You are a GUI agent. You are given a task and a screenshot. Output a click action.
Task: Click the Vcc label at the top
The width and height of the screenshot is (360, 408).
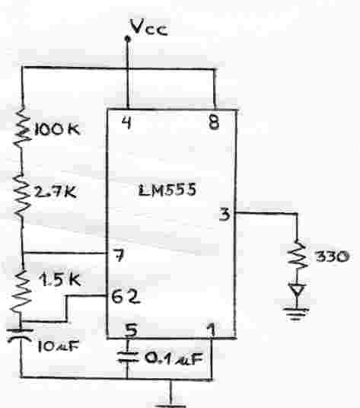pos(149,27)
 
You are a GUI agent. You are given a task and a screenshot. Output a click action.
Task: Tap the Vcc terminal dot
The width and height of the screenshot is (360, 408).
pos(127,40)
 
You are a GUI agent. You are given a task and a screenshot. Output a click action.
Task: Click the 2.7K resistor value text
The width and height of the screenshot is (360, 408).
pos(56,192)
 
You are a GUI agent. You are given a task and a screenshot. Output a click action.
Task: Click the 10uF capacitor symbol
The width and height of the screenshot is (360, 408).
pos(21,335)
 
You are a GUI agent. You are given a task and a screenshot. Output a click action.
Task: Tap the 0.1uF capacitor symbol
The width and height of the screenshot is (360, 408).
pos(127,357)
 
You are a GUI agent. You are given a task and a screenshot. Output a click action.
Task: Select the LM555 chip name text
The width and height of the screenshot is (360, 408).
pos(167,190)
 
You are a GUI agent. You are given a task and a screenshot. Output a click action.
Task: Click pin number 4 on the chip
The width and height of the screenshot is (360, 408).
pos(127,123)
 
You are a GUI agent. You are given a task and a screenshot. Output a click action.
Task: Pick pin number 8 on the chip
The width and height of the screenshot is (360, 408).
pos(214,123)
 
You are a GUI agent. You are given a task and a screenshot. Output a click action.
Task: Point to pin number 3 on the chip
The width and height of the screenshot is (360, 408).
pos(225,215)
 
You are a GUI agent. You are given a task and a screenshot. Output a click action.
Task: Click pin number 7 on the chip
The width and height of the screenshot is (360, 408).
pos(119,255)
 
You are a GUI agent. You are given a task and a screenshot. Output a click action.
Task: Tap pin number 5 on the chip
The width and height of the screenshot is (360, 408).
pos(132,330)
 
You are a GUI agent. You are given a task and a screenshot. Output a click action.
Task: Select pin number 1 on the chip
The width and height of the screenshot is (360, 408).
pos(212,330)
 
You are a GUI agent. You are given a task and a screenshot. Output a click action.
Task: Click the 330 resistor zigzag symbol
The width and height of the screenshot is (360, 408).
pos(298,255)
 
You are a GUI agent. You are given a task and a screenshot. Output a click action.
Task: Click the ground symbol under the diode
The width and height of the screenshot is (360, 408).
pos(296,314)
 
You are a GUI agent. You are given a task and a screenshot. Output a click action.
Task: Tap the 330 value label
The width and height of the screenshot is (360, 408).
pos(332,257)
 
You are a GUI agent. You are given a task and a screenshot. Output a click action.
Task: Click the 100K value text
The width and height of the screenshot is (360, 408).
pos(56,129)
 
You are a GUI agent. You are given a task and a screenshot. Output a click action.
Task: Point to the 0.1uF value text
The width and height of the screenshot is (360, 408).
pos(174,359)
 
